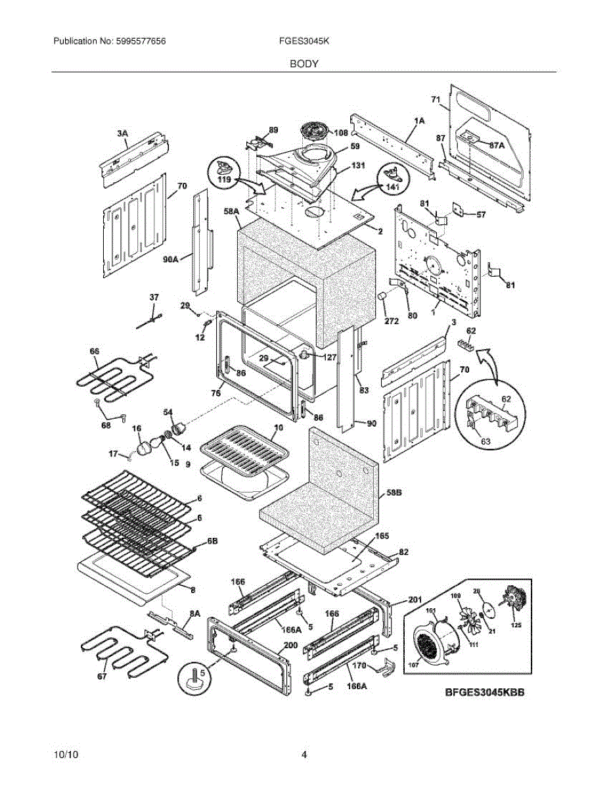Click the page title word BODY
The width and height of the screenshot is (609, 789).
(x=304, y=64)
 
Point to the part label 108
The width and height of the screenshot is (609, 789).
(x=340, y=132)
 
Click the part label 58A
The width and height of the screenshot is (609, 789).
(x=231, y=212)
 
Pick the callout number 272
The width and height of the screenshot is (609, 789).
(x=391, y=322)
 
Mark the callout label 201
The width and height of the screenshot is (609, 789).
(x=415, y=599)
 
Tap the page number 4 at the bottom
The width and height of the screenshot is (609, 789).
(x=304, y=754)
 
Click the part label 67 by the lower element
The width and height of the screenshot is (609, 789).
(x=101, y=677)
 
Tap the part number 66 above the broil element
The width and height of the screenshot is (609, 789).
(x=95, y=352)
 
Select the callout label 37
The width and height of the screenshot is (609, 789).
(x=154, y=298)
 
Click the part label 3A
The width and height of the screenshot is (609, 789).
(x=122, y=133)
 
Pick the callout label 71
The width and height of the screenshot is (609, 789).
(x=435, y=99)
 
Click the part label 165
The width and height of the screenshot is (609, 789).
(x=381, y=536)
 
